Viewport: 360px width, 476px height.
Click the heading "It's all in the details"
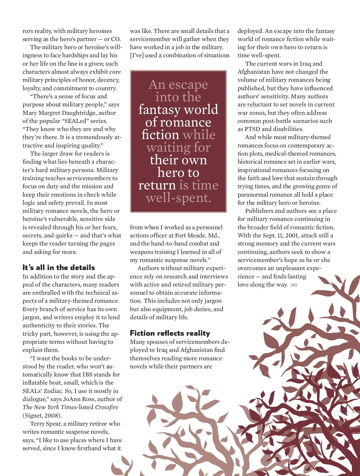click(59, 267)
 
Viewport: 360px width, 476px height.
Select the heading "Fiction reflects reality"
click(170, 333)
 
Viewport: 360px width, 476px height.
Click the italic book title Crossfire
click(106, 407)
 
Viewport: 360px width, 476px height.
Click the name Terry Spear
click(45, 424)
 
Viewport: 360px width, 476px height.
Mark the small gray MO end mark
click(294, 285)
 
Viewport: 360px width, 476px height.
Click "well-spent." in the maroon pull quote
click(178, 198)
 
